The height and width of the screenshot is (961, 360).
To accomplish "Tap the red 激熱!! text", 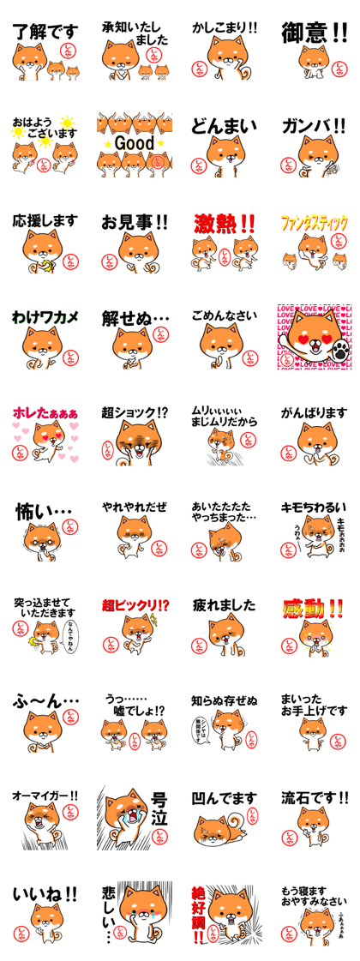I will tap(223, 225).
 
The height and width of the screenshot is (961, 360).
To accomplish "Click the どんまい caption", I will tap(223, 126).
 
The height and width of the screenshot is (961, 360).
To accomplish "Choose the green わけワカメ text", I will tap(45, 319).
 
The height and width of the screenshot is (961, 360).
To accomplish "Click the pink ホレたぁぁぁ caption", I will tap(45, 413).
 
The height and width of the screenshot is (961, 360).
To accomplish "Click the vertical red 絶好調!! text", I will tap(199, 912).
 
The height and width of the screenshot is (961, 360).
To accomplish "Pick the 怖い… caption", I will tap(42, 513).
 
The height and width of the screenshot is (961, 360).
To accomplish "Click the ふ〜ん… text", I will tap(44, 704).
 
